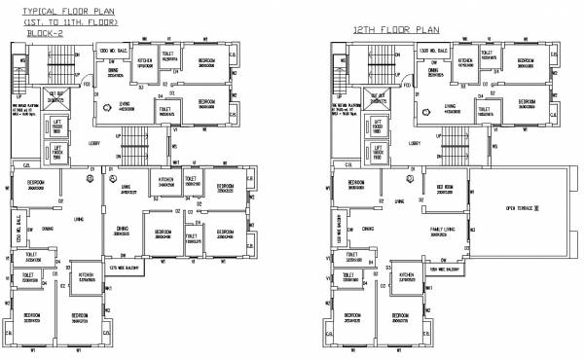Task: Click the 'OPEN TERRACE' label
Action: [522, 208]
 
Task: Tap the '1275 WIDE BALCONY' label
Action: [127, 267]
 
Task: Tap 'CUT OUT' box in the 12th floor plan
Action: [379, 95]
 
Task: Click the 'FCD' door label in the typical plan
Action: [88, 85]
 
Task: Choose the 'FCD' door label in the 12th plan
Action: [410, 85]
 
